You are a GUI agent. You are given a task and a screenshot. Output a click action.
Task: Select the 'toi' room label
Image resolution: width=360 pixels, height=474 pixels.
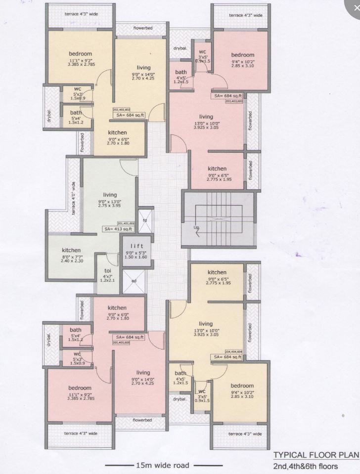tap(108, 271)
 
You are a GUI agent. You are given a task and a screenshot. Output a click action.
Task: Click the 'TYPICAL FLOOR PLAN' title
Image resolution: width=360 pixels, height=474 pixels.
tap(315, 455)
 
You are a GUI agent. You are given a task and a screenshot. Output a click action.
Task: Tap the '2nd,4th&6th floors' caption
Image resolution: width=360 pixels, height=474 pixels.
tap(306, 466)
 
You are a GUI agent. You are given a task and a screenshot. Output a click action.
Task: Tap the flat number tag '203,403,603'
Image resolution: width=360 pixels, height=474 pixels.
tap(234, 101)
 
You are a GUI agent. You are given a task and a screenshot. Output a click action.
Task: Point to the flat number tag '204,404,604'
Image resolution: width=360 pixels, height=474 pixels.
tap(234, 351)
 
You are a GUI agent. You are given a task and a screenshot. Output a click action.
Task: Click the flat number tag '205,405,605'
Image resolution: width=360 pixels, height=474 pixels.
tap(121, 343)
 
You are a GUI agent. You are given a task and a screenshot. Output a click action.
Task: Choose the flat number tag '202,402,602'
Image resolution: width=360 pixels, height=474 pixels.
tap(121, 110)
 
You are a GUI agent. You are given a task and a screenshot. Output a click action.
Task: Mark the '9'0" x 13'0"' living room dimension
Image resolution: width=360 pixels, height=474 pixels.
tap(110, 202)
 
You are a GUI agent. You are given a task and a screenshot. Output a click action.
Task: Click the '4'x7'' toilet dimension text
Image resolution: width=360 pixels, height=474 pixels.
tap(108, 276)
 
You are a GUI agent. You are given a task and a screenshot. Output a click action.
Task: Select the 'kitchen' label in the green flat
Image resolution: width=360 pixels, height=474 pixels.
tap(71, 251)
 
